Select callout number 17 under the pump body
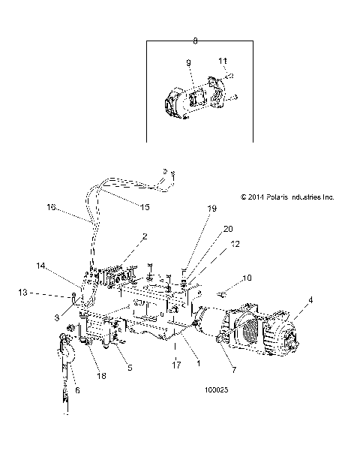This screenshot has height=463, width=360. [x=177, y=365]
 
